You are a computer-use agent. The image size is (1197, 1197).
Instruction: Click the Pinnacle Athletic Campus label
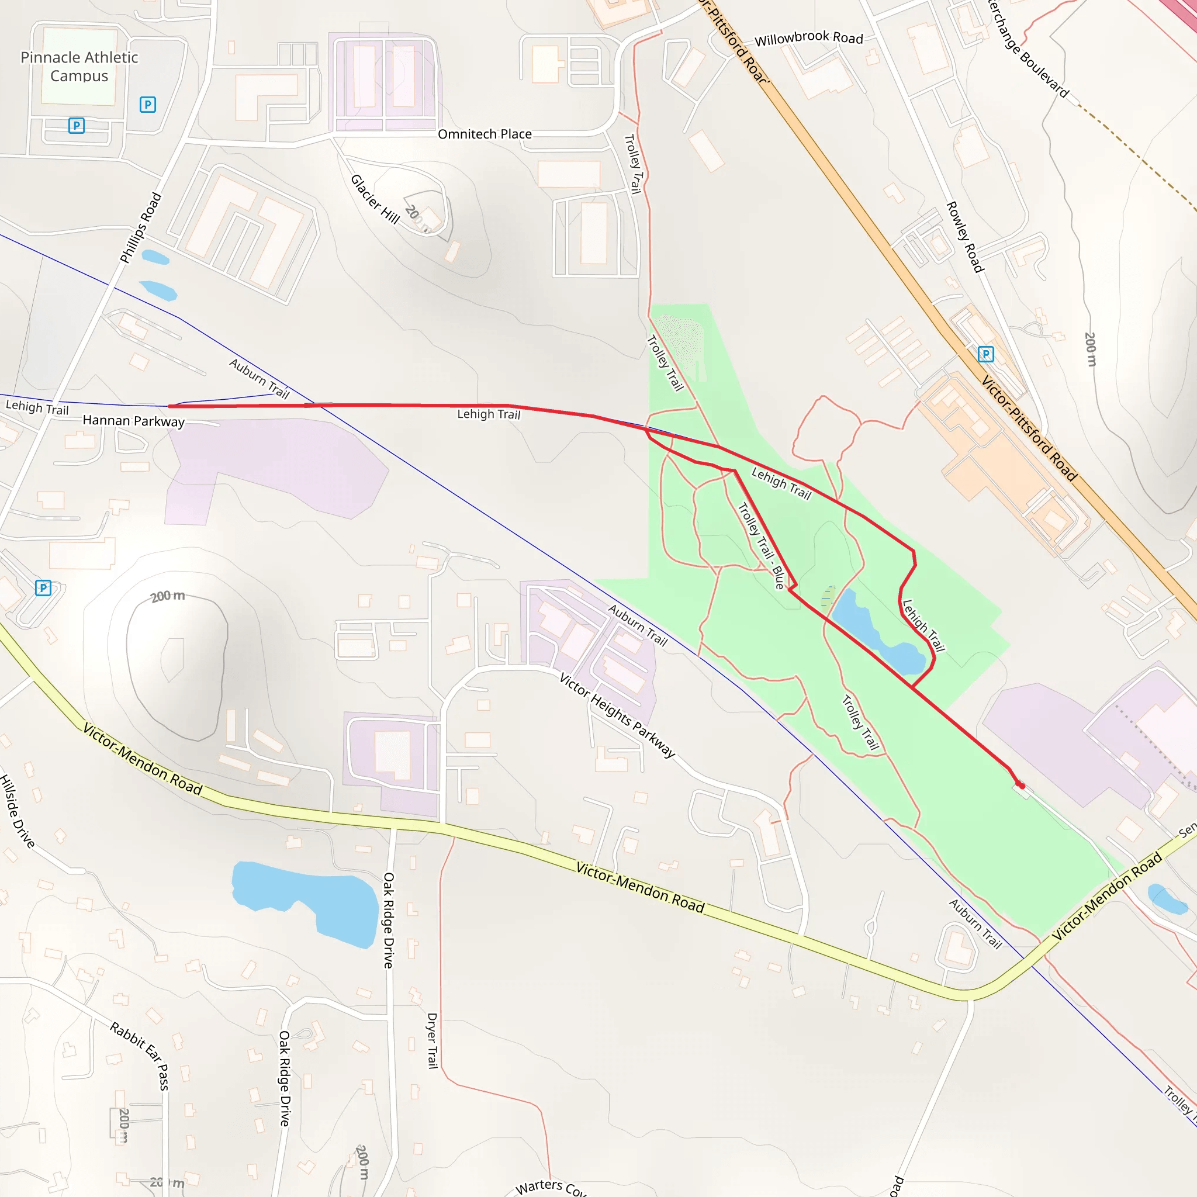(x=79, y=66)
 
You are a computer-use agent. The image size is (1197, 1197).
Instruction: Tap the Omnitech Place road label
(x=485, y=134)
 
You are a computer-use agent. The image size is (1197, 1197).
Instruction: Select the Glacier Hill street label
(x=375, y=199)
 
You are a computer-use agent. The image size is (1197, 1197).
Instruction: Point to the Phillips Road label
(x=141, y=227)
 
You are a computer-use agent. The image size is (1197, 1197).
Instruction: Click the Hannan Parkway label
(x=134, y=421)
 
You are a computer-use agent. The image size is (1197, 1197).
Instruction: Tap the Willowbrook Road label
(x=808, y=38)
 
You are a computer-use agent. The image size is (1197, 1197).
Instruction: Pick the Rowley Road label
(x=964, y=237)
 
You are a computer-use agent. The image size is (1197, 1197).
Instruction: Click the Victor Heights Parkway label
(x=617, y=714)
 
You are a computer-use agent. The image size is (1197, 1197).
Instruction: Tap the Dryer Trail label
(x=433, y=1040)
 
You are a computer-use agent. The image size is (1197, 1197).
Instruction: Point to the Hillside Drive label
(x=18, y=811)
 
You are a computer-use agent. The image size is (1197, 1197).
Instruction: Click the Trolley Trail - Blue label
(x=762, y=545)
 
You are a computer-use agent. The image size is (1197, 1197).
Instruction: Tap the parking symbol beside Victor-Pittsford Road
(x=986, y=354)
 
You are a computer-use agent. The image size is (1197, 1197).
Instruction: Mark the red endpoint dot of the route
(x=1021, y=786)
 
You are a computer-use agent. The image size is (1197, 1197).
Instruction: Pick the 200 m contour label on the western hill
(x=167, y=596)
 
